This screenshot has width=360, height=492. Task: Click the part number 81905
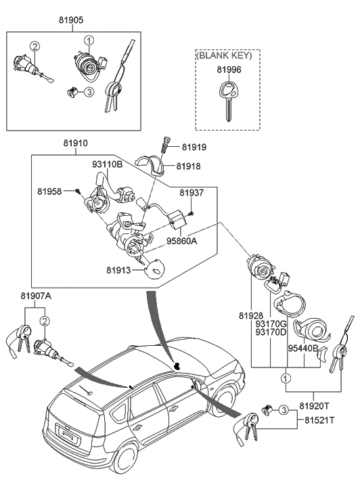pyautogui.click(x=70, y=21)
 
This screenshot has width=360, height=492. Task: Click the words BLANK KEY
pyautogui.click(x=227, y=56)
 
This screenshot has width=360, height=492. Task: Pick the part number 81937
pyautogui.click(x=192, y=193)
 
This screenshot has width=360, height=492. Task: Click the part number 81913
pyautogui.click(x=119, y=270)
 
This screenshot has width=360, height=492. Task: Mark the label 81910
pyautogui.click(x=76, y=144)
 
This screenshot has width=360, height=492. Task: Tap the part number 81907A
pyautogui.click(x=35, y=295)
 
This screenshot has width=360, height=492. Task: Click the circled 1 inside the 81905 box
pyautogui.click(x=87, y=39)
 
